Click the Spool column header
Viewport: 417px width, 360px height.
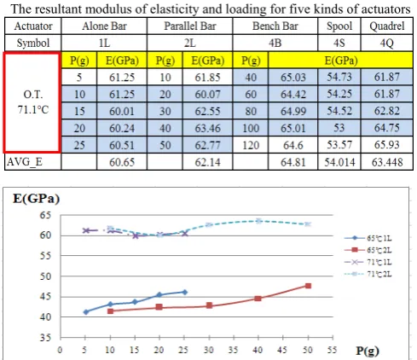[339, 26]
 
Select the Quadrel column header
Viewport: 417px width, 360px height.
[387, 26]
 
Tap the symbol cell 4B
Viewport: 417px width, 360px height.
[275, 44]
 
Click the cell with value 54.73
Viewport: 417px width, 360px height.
[339, 77]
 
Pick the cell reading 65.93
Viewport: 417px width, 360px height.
[387, 145]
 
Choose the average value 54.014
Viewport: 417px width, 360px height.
[339, 162]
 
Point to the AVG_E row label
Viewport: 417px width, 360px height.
[25, 162]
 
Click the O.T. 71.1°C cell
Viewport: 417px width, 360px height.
[33, 102]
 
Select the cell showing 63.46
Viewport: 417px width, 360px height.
[207, 128]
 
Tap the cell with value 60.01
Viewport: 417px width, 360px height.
[122, 111]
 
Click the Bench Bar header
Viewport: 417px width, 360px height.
[275, 26]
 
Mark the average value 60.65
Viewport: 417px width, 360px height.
[122, 162]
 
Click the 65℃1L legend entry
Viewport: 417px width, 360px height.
[368, 238]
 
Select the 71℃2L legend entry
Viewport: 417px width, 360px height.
[368, 274]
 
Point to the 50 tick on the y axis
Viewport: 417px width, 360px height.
[45, 276]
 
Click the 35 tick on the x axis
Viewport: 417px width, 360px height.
[234, 350]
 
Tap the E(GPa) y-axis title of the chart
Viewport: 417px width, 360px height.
[36, 198]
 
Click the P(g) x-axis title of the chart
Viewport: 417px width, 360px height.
[368, 351]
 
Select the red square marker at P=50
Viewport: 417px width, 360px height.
[308, 286]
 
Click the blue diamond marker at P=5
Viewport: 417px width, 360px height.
[86, 312]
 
